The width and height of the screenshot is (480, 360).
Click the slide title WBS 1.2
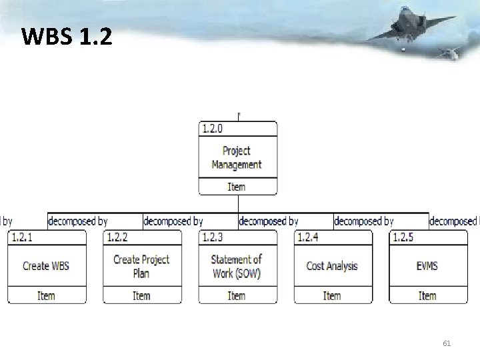(x=67, y=37)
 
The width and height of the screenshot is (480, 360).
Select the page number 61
(x=447, y=343)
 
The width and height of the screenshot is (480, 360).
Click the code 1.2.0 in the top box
(x=213, y=129)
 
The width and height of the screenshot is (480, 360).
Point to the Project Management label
(x=237, y=157)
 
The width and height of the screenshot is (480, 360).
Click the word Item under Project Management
(x=237, y=187)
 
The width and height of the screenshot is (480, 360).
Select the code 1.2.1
(x=21, y=237)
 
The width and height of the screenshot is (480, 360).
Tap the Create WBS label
(x=46, y=266)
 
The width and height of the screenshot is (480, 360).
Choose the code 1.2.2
(x=117, y=237)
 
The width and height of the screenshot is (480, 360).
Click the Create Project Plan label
(x=141, y=266)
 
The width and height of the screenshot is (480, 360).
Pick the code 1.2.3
(x=212, y=237)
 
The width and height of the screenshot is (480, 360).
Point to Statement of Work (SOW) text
(x=237, y=266)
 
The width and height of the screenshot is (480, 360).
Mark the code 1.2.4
(x=307, y=237)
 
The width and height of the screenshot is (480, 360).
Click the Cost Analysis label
(x=332, y=266)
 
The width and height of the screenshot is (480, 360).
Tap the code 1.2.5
(x=403, y=237)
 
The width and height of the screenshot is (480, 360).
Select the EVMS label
(x=427, y=266)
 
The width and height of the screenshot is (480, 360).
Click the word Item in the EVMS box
(x=427, y=295)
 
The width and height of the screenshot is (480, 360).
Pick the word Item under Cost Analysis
(x=332, y=295)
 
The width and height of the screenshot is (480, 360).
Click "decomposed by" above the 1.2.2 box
(x=78, y=221)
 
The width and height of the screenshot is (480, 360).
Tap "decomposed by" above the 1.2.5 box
(x=363, y=221)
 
